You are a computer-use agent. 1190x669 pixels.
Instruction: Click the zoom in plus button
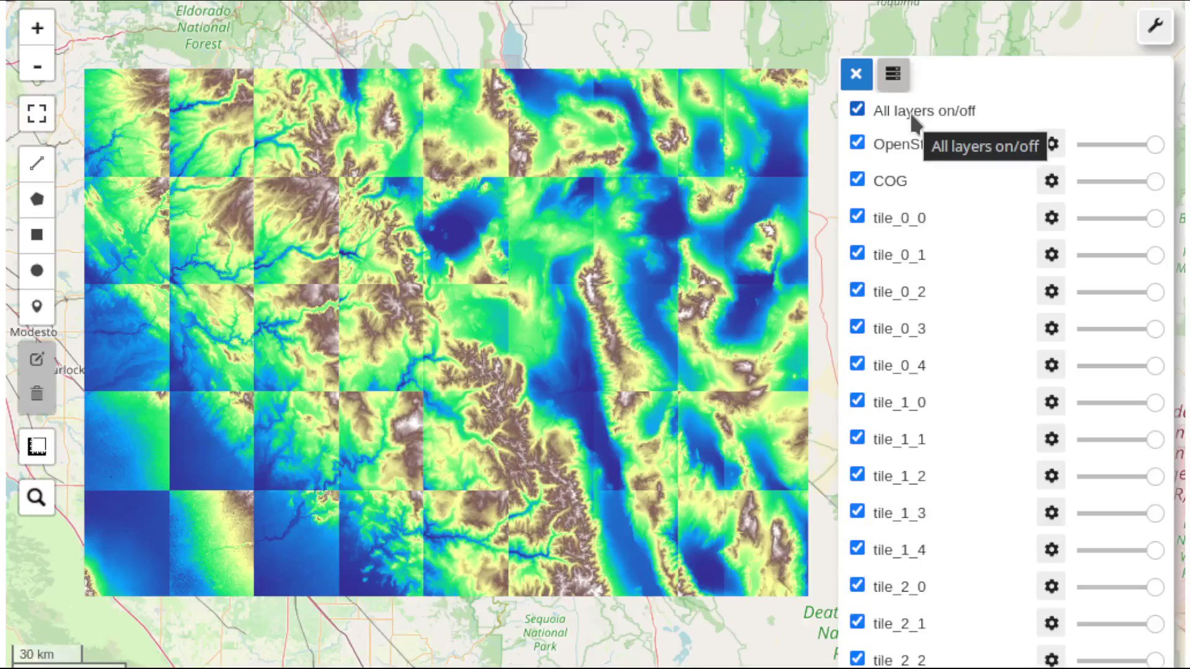click(37, 28)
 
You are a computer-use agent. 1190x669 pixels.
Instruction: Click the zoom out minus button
click(37, 66)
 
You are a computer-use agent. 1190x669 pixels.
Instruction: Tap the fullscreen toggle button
click(37, 113)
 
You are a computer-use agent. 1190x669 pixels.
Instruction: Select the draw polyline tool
click(37, 164)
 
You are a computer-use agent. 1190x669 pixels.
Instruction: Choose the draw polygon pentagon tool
click(37, 199)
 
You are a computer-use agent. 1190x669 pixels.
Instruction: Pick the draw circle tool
click(37, 271)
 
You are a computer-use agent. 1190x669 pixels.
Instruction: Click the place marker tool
click(37, 307)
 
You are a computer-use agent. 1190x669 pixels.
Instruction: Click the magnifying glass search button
click(37, 497)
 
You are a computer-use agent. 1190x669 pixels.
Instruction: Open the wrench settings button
click(1155, 26)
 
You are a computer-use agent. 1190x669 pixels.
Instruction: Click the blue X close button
click(857, 74)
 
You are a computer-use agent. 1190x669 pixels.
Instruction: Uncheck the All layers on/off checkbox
click(857, 109)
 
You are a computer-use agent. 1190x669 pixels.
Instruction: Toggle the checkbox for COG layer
click(857, 179)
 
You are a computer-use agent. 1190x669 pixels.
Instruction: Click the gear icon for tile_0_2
click(1051, 291)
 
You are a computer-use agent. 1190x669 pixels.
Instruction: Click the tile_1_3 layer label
click(899, 513)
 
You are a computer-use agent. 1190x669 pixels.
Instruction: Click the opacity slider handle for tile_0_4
click(1155, 365)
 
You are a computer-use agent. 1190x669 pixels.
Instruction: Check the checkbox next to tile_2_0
click(857, 585)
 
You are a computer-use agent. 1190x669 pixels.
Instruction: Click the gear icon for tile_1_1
click(1051, 439)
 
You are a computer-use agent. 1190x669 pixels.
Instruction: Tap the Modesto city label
click(33, 333)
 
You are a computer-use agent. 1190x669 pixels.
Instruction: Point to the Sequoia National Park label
click(545, 632)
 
